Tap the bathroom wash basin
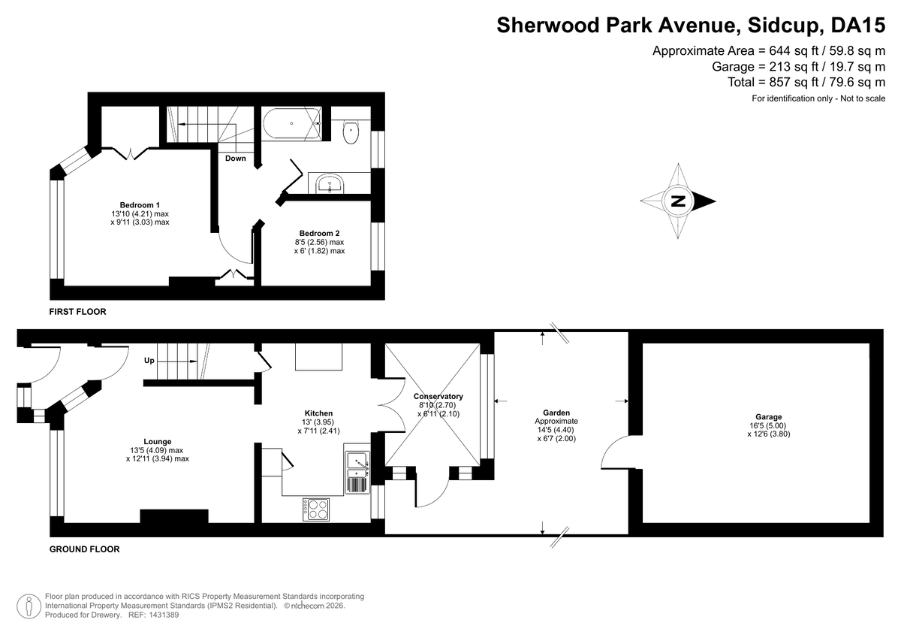[330, 184]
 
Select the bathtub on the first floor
[291, 123]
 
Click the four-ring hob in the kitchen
[316, 509]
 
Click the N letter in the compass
[678, 201]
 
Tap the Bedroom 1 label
[140, 205]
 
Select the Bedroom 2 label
[319, 234]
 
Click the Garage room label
[769, 417]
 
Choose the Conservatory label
[438, 397]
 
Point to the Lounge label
[158, 442]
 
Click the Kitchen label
[318, 413]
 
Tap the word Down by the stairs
[235, 159]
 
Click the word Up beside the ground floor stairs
[149, 361]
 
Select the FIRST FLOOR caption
[77, 312]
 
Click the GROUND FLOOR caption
[84, 549]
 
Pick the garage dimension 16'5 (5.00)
[767, 425]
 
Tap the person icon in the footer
[29, 606]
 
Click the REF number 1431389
[164, 615]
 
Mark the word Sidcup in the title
[782, 25]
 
